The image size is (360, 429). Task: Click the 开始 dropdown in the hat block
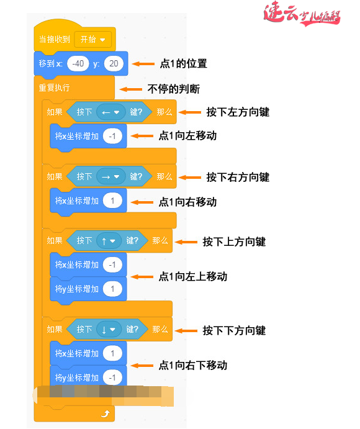92,39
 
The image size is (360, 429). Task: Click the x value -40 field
79,63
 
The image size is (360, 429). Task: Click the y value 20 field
114,63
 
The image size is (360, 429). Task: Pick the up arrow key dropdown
109,241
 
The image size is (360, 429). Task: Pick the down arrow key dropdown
109,330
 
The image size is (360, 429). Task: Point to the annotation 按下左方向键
237,112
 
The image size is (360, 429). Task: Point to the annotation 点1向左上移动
192,276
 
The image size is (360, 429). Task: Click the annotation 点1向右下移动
192,365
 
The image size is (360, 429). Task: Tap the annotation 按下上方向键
234,242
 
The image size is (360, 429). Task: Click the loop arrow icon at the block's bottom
104,413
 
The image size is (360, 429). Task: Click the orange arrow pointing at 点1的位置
144,63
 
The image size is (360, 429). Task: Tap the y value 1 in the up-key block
113,289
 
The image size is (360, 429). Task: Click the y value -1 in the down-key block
112,377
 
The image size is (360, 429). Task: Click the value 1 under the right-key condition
113,201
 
